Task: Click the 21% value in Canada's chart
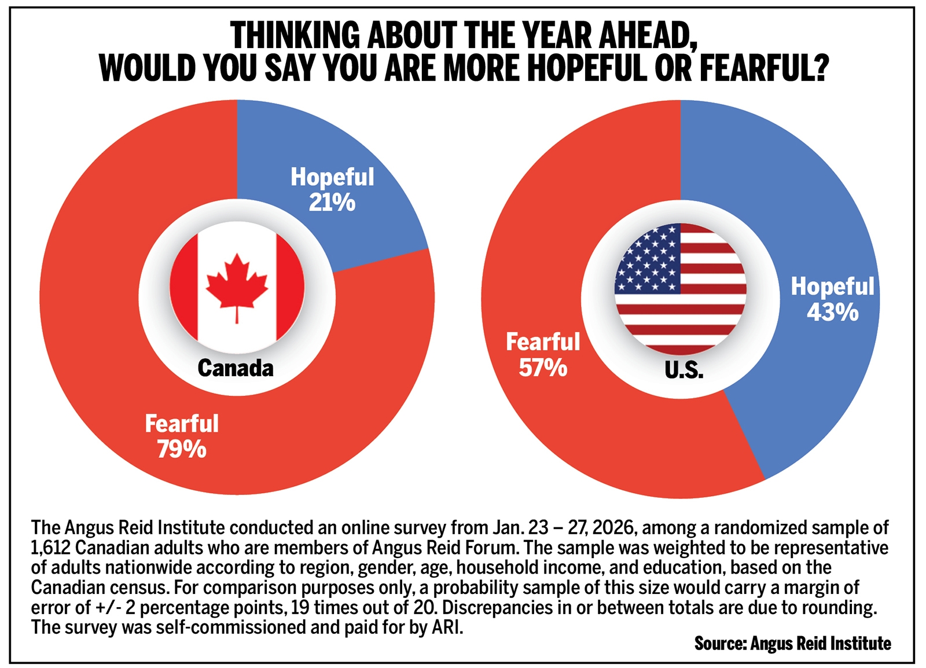coord(332,203)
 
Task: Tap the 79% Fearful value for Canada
coord(181,449)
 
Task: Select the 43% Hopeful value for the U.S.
coord(832,313)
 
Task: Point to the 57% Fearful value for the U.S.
coord(542,368)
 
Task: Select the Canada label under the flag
coord(235,368)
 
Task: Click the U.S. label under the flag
coord(684,370)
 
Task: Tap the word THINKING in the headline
coord(295,36)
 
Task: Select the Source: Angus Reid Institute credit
coord(792,644)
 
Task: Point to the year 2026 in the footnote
coord(614,528)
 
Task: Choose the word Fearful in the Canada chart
coord(181,424)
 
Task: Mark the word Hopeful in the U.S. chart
coord(832,287)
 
